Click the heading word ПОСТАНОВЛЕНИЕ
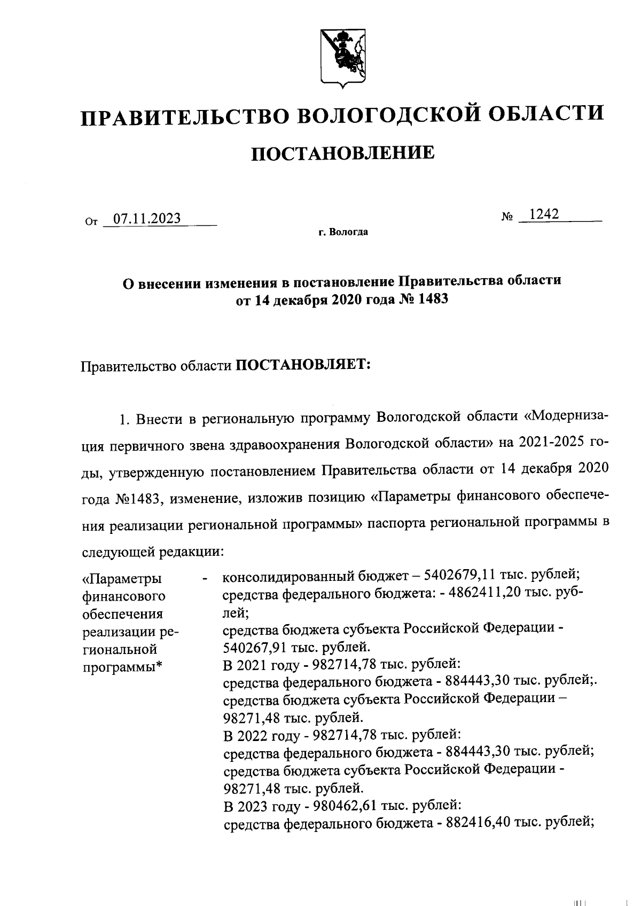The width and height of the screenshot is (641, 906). pos(342,153)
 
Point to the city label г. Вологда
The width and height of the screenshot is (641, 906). pos(342,232)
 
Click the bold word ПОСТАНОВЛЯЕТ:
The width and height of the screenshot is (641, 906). pos(303,366)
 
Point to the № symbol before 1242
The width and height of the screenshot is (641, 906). pos(507,217)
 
